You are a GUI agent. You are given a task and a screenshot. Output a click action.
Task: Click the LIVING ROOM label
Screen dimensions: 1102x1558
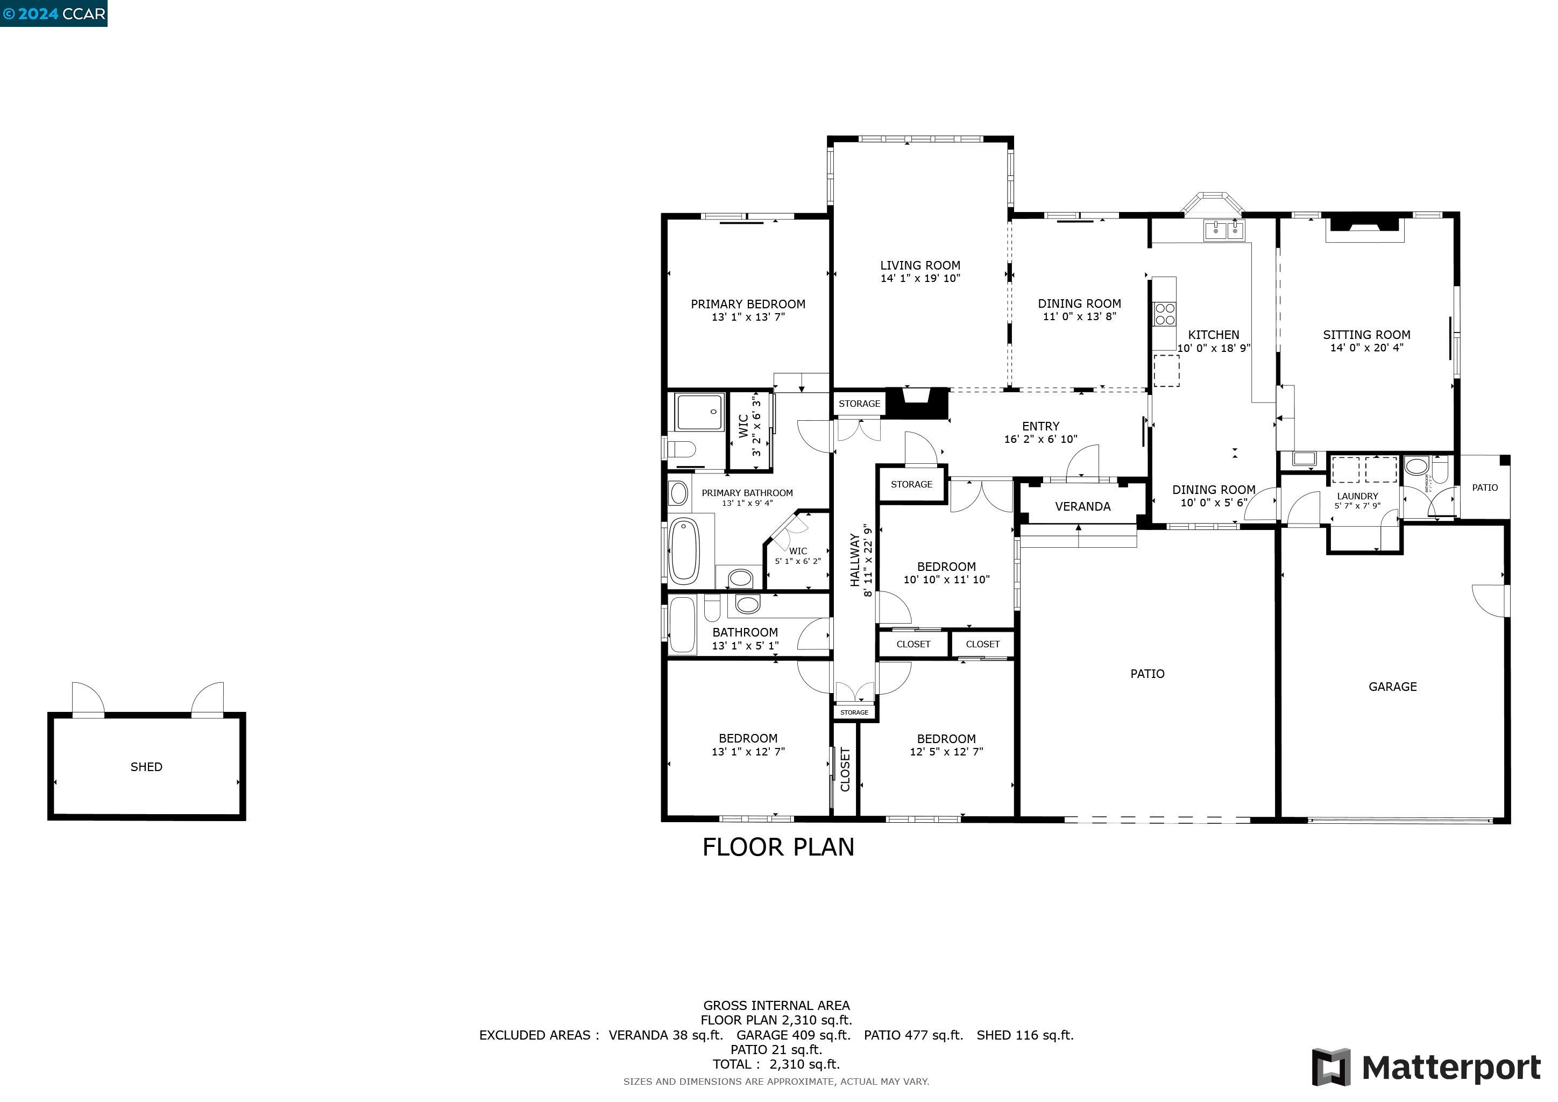point(920,265)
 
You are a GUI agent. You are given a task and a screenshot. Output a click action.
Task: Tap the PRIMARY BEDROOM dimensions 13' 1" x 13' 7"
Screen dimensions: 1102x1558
point(748,317)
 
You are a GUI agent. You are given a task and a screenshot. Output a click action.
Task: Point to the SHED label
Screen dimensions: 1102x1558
point(146,767)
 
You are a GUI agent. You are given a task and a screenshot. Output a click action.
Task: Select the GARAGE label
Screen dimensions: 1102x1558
point(1392,687)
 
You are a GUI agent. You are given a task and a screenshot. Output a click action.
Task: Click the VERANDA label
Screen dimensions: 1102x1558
point(1082,506)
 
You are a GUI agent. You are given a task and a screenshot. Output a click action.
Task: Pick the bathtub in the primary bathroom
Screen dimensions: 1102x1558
point(684,550)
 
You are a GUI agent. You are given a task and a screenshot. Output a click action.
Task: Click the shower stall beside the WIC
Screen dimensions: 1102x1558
point(699,411)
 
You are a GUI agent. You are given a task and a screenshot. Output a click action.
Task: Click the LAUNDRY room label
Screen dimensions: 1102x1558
point(1357,496)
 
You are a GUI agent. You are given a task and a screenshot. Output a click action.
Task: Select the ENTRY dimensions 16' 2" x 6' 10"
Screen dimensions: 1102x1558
point(1040,439)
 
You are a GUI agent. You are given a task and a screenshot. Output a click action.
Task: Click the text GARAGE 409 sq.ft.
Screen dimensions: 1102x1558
point(792,1035)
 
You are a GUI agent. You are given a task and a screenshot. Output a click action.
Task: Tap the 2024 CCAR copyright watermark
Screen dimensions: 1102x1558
point(54,13)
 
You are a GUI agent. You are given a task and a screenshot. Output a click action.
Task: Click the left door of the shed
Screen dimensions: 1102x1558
point(88,699)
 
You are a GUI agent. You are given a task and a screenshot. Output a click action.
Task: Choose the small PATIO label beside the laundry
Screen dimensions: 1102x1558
point(1485,487)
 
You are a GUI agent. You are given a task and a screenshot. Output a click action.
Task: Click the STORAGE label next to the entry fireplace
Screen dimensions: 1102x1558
point(859,404)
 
